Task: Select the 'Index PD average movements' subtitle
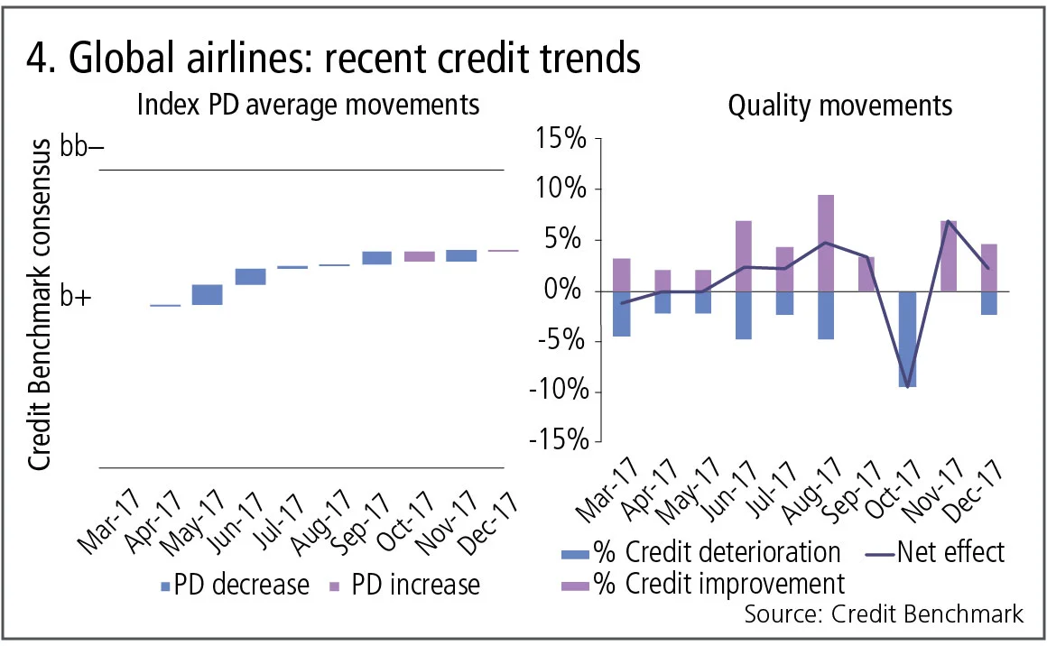coord(307,106)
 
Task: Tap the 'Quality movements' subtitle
coord(839,106)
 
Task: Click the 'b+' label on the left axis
coord(77,297)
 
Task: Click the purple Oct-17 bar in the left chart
coord(419,256)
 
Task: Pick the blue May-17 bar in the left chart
coord(207,295)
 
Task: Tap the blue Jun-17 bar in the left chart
coord(250,276)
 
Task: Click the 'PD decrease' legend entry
coord(235,585)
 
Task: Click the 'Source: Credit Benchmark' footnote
coord(884,614)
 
